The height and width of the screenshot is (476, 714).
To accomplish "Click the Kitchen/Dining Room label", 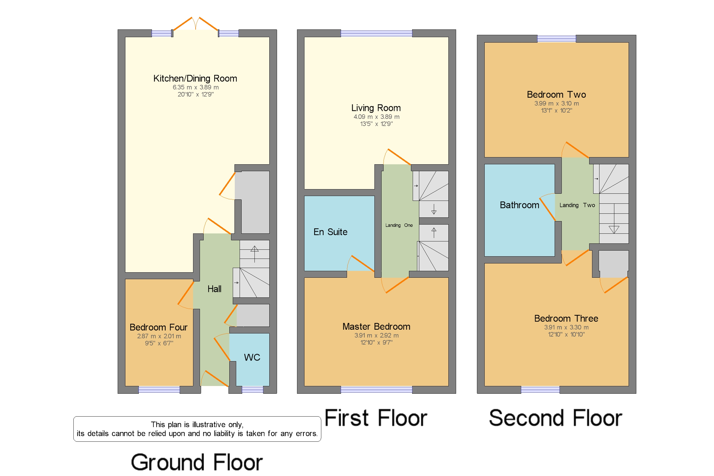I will (195, 79).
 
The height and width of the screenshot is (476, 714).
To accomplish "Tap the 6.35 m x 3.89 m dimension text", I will (195, 87).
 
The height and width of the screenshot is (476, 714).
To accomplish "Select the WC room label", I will (252, 357).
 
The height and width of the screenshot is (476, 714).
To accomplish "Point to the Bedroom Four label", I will (159, 327).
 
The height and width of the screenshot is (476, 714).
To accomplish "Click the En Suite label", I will (330, 232).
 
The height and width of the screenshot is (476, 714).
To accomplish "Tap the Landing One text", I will (399, 225).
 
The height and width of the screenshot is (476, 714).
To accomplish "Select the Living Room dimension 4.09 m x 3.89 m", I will (376, 117).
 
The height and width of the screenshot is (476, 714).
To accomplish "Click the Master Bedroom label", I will (376, 327).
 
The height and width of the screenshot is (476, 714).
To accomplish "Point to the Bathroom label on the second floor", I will (519, 205).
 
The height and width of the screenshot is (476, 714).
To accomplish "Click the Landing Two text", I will (577, 205).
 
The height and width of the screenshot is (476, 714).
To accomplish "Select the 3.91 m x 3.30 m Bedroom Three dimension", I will (566, 327).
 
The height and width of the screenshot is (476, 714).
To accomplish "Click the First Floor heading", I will (376, 418).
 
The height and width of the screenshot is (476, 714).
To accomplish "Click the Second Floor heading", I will (555, 418).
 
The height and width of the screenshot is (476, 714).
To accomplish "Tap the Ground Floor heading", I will (196, 462).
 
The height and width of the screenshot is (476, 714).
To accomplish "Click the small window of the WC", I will (252, 390).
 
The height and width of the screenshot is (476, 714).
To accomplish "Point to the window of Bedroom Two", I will (556, 39).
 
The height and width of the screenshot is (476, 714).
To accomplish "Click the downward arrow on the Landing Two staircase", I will (613, 229).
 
